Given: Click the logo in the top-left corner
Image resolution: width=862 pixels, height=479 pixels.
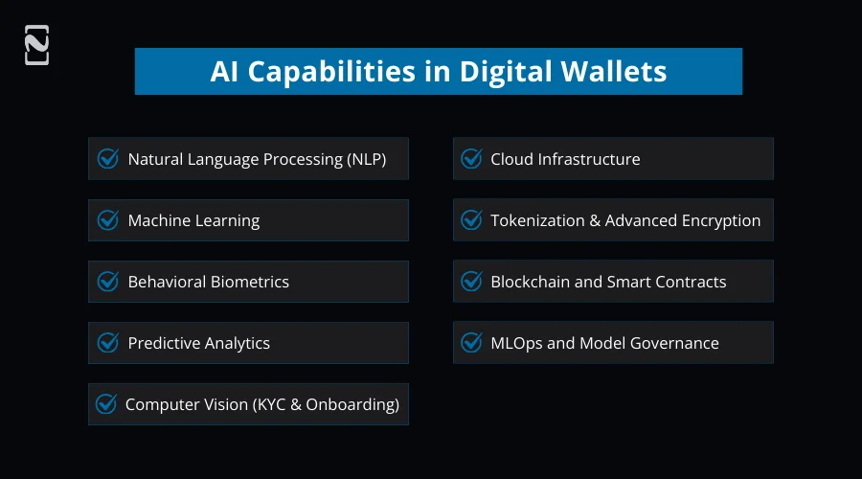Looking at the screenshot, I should tap(36, 45).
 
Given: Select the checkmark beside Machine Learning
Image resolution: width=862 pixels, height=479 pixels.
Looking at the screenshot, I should tap(108, 220).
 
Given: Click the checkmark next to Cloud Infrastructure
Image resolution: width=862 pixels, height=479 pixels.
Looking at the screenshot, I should tap(471, 159).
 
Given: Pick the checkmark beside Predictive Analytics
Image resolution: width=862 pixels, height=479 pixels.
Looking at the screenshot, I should tap(108, 343).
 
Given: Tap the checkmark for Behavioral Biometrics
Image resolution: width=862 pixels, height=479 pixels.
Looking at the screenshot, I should tap(108, 282).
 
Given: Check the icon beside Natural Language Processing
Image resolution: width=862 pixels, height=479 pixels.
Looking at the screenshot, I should tap(108, 159).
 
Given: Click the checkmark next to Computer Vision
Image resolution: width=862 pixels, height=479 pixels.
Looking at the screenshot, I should tap(106, 404).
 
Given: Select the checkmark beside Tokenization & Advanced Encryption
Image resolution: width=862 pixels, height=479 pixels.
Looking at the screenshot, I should tap(471, 220).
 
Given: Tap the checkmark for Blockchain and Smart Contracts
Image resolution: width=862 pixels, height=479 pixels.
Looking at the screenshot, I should tap(471, 282).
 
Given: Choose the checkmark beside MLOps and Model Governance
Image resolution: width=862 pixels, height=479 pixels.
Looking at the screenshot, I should tap(471, 343).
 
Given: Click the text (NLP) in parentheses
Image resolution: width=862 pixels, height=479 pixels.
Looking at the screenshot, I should tap(365, 159).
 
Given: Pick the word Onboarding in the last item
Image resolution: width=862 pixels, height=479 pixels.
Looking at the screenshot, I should tap(349, 404).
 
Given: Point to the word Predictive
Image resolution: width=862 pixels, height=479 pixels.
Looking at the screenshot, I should tap(164, 343).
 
